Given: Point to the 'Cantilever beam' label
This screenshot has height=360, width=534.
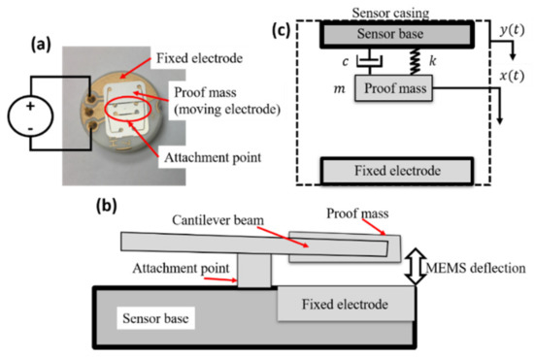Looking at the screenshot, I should [x=215, y=225].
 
